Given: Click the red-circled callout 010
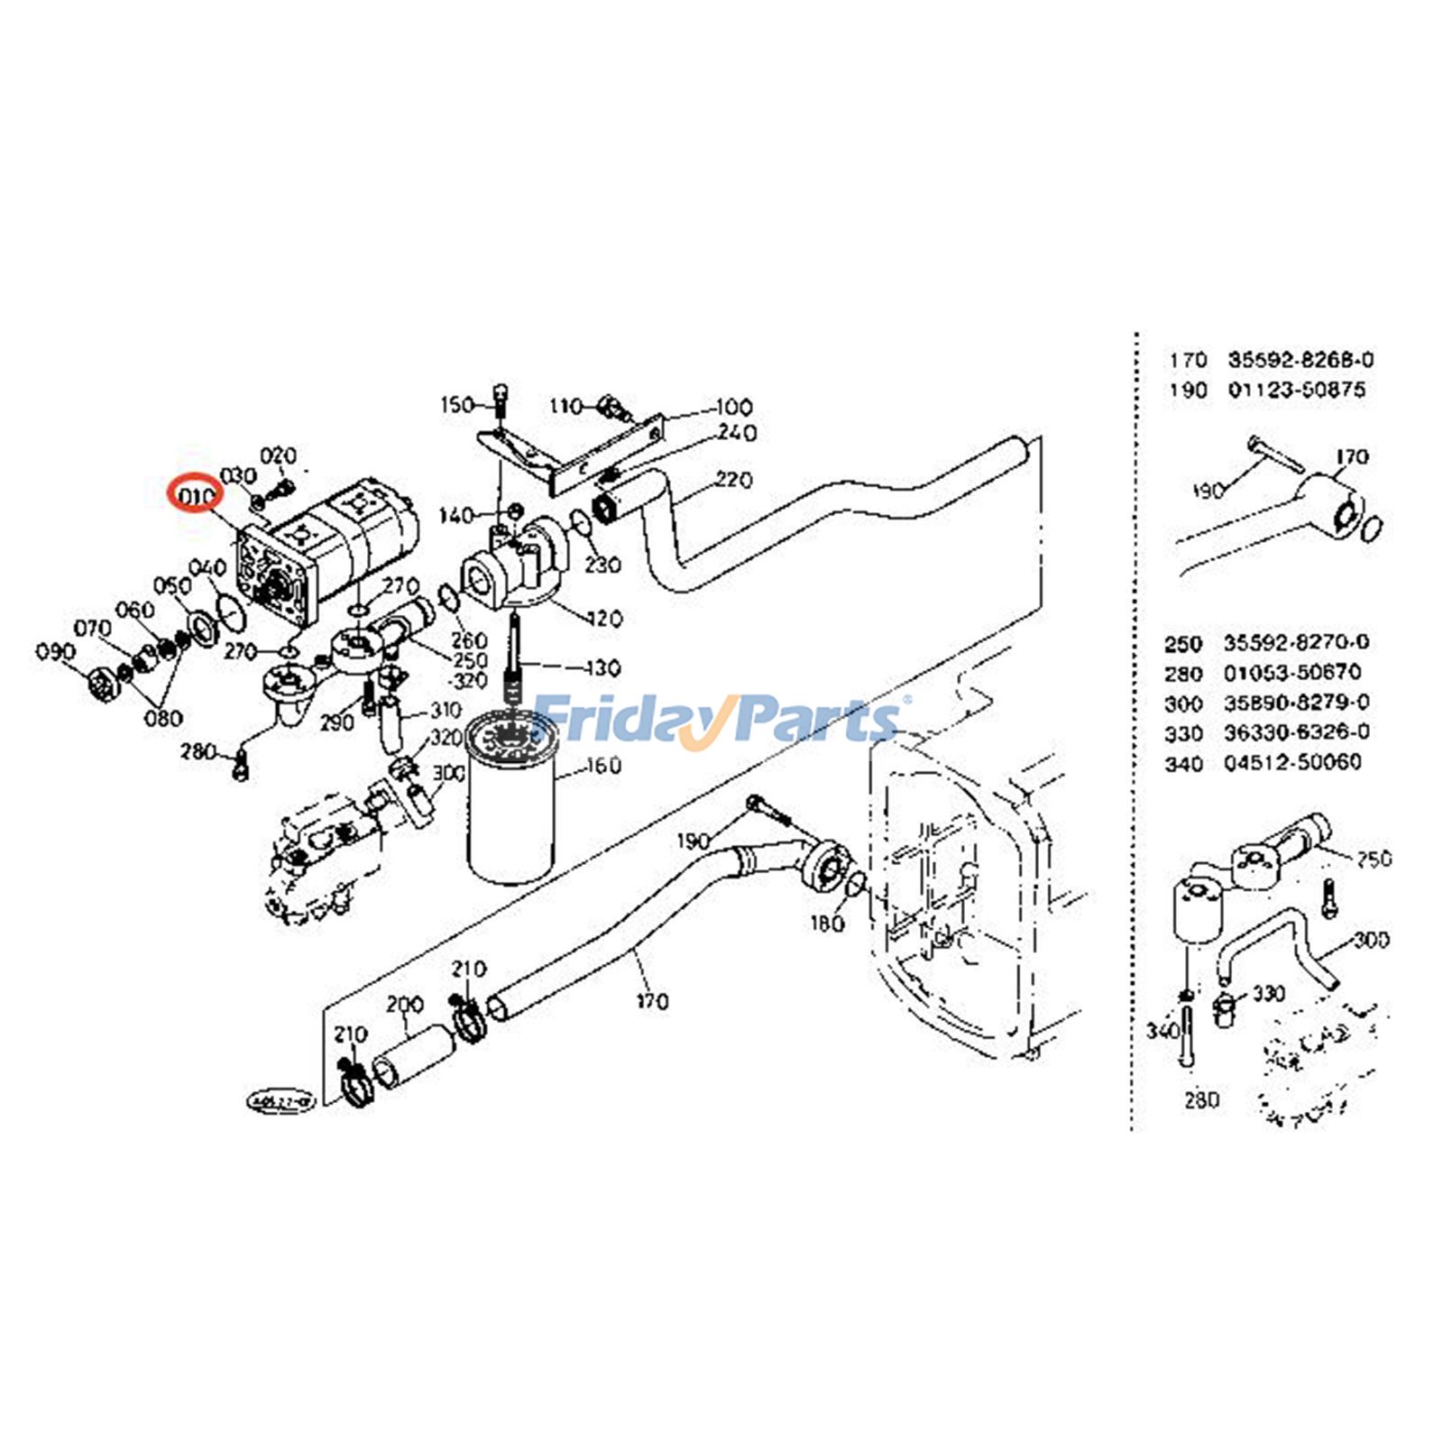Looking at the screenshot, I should tap(197, 494).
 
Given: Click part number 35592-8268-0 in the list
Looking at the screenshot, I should tap(1300, 360).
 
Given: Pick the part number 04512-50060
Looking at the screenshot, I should tap(1292, 762).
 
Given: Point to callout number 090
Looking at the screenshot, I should tap(55, 651).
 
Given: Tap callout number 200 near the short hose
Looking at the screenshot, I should tap(404, 1005).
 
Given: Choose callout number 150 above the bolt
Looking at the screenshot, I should tap(457, 405).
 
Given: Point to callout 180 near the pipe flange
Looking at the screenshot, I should tap(827, 924).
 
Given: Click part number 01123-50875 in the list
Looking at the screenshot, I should tap(1296, 390).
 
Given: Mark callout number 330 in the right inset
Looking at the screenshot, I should tap(1268, 994).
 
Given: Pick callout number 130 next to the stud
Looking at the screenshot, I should tap(602, 668).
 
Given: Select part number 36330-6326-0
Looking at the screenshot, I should tap(1296, 732).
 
